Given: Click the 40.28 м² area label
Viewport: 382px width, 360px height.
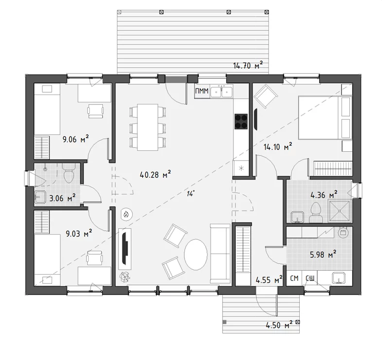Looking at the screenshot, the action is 155,175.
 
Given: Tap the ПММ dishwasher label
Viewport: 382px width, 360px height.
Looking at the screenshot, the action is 202,91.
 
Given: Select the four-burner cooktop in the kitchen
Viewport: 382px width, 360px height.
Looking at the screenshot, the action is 241,121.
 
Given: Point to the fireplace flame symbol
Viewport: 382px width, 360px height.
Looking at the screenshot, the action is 127,215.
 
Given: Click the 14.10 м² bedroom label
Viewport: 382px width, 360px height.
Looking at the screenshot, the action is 278,147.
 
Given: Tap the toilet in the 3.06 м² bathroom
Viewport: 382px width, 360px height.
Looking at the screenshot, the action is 69,173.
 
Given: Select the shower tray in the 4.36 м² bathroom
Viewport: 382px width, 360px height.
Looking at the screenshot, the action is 340,211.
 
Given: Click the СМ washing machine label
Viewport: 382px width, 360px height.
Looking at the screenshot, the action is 294,278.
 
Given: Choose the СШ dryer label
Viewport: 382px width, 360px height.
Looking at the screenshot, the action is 310,278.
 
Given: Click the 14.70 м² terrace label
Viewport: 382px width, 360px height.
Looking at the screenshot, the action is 248,65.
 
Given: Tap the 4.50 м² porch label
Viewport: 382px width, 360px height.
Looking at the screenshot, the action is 279,325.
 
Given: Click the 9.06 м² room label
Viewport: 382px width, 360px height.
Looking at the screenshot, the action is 76,139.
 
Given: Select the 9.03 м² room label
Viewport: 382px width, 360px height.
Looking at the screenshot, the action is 79,233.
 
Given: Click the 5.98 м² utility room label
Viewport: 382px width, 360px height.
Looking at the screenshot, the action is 323,255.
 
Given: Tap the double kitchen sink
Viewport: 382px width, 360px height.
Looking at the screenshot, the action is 221,92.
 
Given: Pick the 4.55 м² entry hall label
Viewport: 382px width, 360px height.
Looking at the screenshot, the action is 269,280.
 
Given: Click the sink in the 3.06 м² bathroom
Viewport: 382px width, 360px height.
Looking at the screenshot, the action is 40,197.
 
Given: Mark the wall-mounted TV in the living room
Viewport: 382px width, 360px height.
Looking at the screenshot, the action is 125,248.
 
